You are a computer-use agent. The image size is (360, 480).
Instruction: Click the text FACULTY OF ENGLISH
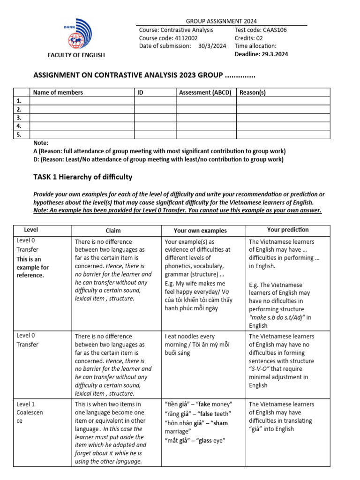click(x=76, y=55)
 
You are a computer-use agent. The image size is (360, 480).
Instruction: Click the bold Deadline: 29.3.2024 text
click(x=261, y=54)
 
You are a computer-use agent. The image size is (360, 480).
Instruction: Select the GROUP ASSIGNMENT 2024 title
click(x=221, y=22)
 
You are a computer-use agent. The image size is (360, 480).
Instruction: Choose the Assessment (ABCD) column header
click(x=205, y=93)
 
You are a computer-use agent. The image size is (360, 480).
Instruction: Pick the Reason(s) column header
click(x=253, y=93)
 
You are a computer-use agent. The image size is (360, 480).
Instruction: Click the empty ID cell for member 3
click(x=155, y=118)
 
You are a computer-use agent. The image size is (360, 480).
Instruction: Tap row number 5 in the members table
click(x=19, y=135)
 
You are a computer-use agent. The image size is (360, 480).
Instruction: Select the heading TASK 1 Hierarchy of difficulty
click(x=82, y=177)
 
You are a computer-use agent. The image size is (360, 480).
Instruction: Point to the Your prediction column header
click(x=288, y=230)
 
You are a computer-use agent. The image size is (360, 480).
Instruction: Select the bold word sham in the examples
click(x=220, y=423)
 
